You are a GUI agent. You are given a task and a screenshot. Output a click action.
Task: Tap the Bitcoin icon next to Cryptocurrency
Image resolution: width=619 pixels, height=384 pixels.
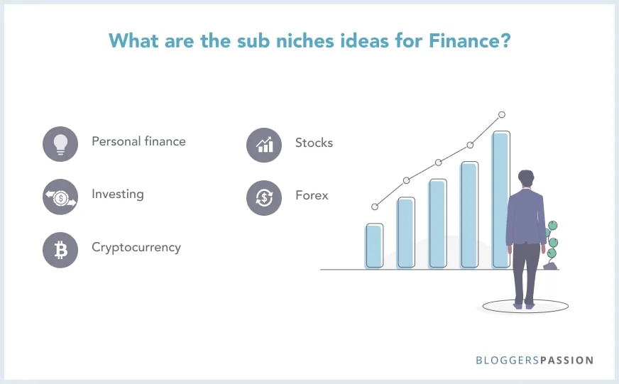(60, 250)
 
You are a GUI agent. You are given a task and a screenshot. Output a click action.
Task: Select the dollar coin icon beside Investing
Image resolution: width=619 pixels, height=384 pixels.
(60, 197)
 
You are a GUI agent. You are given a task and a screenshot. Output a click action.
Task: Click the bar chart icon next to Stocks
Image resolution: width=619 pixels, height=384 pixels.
(264, 144)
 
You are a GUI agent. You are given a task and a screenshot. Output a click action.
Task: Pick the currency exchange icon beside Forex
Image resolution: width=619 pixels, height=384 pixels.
(264, 197)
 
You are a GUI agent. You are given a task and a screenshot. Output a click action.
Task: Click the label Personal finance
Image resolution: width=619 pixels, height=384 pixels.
(138, 141)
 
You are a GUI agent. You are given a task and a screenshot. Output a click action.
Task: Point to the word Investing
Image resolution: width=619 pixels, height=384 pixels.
(117, 194)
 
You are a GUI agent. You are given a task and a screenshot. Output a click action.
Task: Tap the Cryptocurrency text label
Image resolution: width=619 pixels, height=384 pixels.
(136, 248)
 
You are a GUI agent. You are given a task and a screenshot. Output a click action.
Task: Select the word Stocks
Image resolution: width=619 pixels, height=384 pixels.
(314, 143)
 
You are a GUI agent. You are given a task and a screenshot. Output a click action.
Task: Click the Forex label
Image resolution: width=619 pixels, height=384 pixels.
(312, 195)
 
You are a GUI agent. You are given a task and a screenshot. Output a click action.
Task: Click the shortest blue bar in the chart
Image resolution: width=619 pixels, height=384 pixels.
(374, 246)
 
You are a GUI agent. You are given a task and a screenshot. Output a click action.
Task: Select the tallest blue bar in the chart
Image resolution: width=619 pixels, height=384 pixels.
(500, 199)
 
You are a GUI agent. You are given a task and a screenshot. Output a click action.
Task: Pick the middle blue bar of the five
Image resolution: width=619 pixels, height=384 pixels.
(437, 224)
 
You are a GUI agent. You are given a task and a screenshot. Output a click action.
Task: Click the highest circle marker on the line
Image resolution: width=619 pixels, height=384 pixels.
(502, 114)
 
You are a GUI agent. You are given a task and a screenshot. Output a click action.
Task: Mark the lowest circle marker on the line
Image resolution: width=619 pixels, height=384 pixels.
(375, 207)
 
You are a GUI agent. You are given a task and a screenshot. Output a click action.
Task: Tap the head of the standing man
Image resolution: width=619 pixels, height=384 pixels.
(525, 179)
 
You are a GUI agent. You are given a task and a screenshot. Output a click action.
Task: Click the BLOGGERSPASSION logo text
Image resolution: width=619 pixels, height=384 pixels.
(535, 361)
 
